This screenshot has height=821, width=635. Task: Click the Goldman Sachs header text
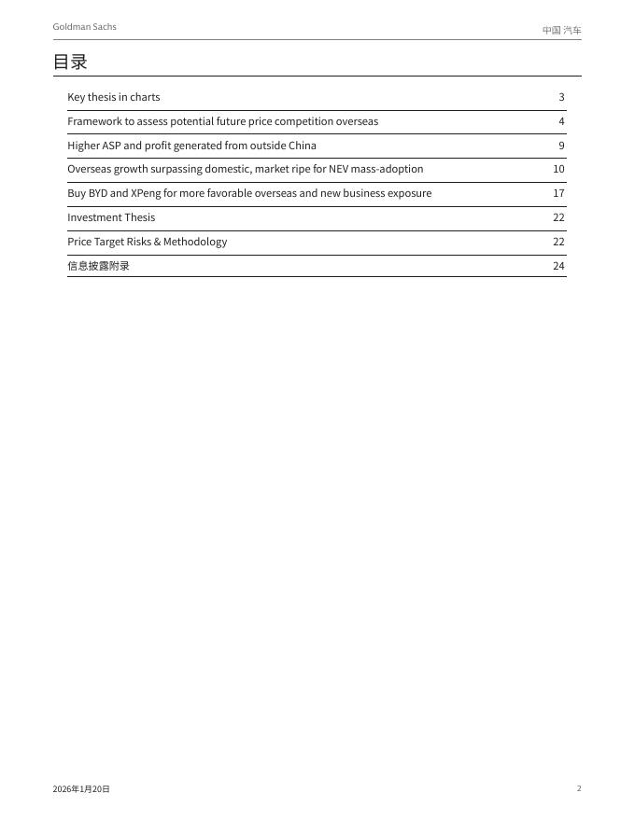[x=85, y=27]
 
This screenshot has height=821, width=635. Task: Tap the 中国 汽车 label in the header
[x=561, y=31]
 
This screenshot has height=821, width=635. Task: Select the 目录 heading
[x=70, y=63]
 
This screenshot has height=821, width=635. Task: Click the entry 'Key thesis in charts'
[x=114, y=97]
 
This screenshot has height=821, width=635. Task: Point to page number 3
[x=561, y=97]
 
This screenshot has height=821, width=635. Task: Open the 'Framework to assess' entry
[x=222, y=121]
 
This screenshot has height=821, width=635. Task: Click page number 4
[x=561, y=121]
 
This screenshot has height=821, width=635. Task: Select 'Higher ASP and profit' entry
[x=191, y=146]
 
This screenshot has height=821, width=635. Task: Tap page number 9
[x=561, y=146]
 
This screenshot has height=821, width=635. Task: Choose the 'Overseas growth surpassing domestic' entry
[x=245, y=169]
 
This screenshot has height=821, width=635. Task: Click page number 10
[x=558, y=169]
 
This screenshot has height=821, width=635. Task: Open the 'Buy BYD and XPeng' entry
[x=249, y=193]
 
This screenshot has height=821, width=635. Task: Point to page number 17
[x=558, y=193]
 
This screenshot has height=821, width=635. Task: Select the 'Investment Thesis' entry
[x=111, y=217]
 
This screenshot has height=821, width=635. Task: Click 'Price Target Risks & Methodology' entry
[x=147, y=242]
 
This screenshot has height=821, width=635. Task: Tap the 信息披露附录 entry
[x=98, y=266]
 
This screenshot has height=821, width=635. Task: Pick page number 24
[x=558, y=266]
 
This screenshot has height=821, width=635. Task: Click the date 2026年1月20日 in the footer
[x=81, y=789]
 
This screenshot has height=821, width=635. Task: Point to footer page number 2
[x=579, y=789]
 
